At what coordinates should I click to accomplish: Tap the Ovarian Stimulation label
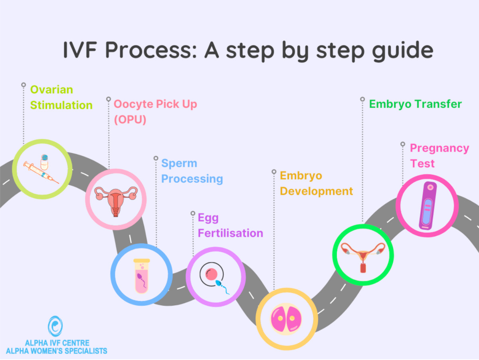(61, 97)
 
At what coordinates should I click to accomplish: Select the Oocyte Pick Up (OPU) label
(155, 111)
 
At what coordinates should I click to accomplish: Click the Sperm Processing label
(192, 171)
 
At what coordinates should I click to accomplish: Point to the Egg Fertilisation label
(230, 225)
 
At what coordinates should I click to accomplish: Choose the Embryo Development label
(316, 183)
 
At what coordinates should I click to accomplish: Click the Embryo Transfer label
(415, 104)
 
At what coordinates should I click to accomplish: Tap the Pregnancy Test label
(439, 156)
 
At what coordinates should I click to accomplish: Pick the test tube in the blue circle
(141, 275)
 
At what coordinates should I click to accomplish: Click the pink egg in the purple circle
(211, 274)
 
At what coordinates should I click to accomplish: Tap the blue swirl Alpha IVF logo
(55, 326)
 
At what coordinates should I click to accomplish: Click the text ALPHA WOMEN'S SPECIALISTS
(56, 351)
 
